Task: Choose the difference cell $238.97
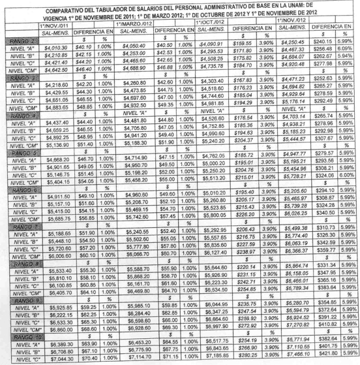coord(247,251)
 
